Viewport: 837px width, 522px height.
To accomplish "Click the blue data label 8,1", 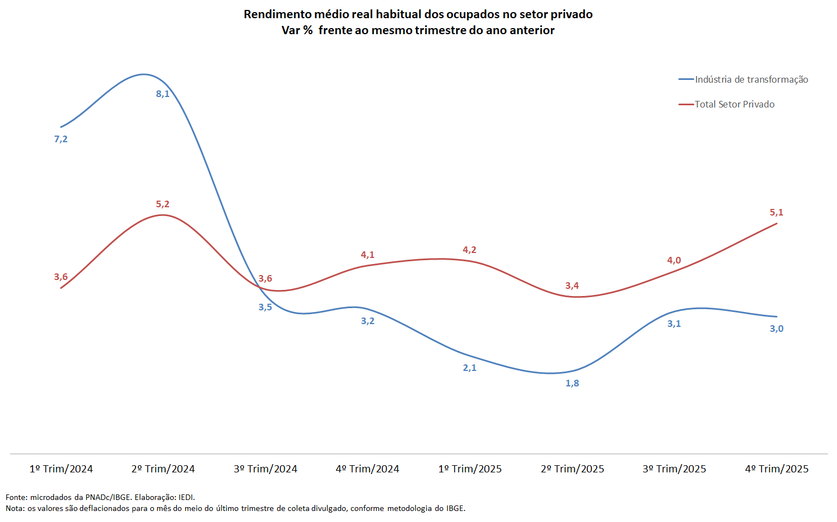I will [x=163, y=94].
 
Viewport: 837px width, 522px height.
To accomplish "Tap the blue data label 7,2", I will [x=61, y=139].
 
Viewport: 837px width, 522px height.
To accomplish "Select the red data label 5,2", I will [x=163, y=204].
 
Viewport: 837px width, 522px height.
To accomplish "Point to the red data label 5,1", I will [x=776, y=212].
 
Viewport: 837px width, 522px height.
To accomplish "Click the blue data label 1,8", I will [x=572, y=383].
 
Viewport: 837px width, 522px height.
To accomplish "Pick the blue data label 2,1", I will [x=469, y=368].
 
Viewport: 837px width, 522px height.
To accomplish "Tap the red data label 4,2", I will [x=469, y=250].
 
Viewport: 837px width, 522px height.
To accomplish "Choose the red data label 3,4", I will [x=572, y=286].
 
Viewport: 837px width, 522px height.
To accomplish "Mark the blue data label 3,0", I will [x=776, y=329].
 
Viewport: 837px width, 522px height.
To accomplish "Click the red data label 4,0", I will [x=674, y=260].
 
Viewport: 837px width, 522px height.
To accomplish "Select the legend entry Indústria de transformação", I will [x=751, y=79].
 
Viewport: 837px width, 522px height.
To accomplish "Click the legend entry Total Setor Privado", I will [x=735, y=104].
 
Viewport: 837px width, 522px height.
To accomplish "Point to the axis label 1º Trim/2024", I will [x=61, y=469].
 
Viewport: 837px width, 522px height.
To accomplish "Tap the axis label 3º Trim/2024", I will [x=266, y=469].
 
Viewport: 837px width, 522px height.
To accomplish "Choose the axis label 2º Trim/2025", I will [x=573, y=469].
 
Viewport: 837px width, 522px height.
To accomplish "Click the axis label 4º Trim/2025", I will [x=777, y=469].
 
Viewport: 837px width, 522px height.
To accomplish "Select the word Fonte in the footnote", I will [x=16, y=497].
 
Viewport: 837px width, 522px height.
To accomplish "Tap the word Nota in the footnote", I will [x=15, y=508].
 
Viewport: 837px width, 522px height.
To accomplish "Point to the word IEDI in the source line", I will [x=186, y=497].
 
